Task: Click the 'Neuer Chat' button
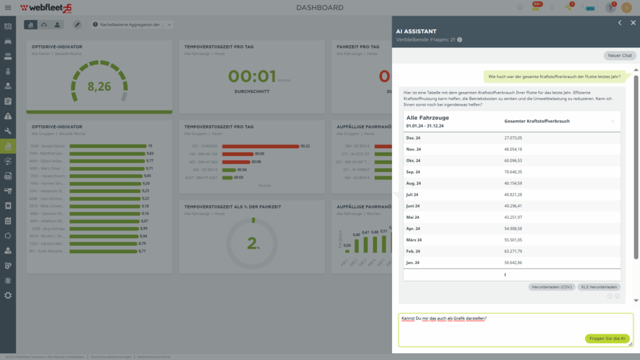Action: [x=621, y=56]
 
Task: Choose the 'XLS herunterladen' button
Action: [x=599, y=287]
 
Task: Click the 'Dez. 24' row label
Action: [x=414, y=137]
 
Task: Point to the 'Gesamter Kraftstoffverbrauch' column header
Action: [x=537, y=121]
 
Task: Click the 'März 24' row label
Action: [x=414, y=240]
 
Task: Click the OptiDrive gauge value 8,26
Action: [x=99, y=87]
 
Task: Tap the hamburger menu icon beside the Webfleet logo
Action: [x=7, y=7]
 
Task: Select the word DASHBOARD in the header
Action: [x=319, y=7]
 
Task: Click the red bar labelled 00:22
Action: [x=260, y=146]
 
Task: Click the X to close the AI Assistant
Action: [x=632, y=22]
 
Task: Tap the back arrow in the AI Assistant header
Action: [x=619, y=22]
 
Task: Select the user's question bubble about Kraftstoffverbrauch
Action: [x=554, y=77]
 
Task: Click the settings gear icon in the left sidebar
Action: [x=8, y=295]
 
